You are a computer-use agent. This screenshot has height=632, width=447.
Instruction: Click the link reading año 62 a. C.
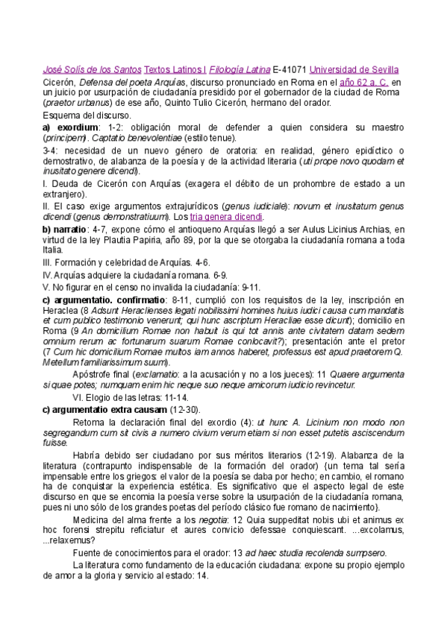click(363, 80)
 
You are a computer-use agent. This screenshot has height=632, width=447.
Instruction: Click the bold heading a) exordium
click(70, 127)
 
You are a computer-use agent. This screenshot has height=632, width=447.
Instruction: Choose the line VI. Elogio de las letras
click(126, 398)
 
